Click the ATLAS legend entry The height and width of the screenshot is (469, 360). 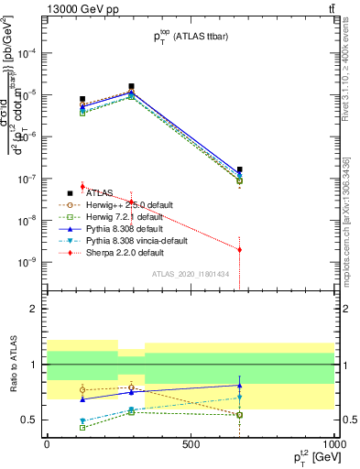click(x=99, y=193)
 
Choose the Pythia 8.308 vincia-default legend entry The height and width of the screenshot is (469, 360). click(x=137, y=241)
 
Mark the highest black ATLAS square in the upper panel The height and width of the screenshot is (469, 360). click(x=131, y=86)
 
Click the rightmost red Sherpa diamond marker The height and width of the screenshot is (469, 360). click(x=239, y=249)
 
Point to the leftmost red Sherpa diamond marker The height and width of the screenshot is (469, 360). click(x=82, y=186)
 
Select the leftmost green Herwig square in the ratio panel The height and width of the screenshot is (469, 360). click(x=82, y=427)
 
